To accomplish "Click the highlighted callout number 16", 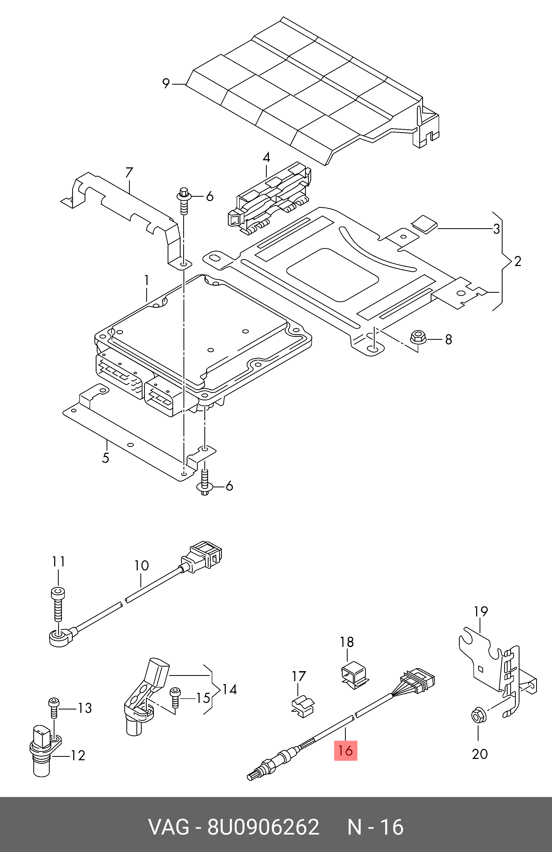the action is (346, 750).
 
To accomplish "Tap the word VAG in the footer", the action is (169, 827).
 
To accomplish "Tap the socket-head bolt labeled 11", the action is (58, 605).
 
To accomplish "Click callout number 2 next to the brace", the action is (517, 261).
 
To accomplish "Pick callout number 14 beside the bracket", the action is (229, 689).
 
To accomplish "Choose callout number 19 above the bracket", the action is (481, 611).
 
